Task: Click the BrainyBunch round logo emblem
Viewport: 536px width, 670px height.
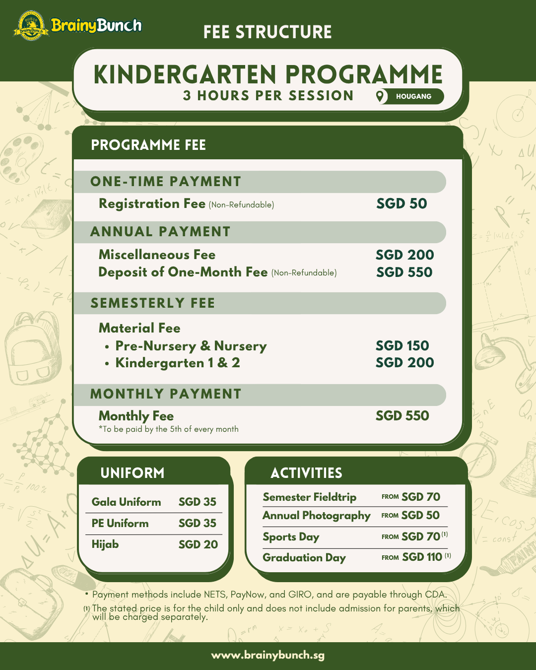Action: click(31, 26)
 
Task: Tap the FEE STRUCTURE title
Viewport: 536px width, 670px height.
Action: click(268, 32)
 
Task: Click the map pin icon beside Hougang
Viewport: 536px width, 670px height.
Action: click(380, 96)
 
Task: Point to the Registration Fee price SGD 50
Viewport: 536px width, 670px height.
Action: click(402, 203)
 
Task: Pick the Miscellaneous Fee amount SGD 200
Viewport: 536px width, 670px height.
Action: click(404, 255)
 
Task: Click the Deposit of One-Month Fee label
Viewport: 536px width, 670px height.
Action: click(183, 272)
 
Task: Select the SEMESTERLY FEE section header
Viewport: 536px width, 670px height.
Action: click(153, 303)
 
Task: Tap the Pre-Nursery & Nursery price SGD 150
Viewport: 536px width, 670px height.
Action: click(402, 345)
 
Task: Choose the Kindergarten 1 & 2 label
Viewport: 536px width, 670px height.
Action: click(177, 363)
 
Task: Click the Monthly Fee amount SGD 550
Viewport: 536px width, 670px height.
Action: click(402, 416)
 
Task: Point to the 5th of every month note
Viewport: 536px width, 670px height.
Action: click(169, 429)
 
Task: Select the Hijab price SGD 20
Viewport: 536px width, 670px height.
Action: click(198, 544)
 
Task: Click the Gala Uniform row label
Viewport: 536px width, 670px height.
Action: click(126, 502)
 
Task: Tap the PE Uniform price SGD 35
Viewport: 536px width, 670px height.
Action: click(198, 523)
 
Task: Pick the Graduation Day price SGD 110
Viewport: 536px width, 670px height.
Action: click(422, 557)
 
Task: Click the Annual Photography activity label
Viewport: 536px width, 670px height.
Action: click(316, 516)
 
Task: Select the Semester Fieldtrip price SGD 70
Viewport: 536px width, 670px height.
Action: click(420, 497)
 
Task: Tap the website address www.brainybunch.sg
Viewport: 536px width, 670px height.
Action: click(268, 655)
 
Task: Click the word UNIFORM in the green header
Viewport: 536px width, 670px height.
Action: click(133, 473)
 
